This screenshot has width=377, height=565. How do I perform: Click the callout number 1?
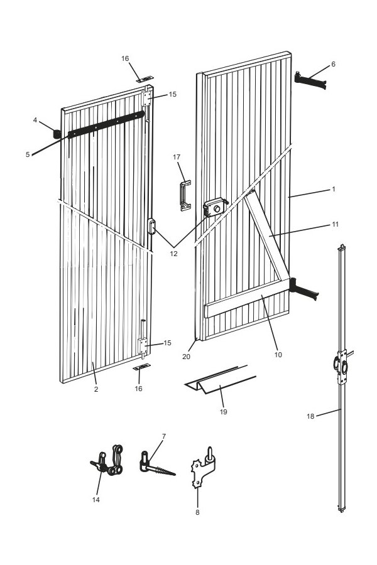coord(334,188)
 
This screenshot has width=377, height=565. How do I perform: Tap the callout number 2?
coord(96,389)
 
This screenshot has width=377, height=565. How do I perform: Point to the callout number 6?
coord(333,64)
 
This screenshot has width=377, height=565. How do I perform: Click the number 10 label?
coord(278,355)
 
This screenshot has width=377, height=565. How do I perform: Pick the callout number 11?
coord(336,224)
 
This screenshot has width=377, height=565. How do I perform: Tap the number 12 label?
coord(173,254)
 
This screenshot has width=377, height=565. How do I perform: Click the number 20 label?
coord(185,357)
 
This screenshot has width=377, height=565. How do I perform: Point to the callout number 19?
coord(224,412)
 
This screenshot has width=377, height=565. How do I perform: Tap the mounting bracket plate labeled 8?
coord(202,468)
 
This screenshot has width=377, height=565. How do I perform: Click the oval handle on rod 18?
coord(341,367)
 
